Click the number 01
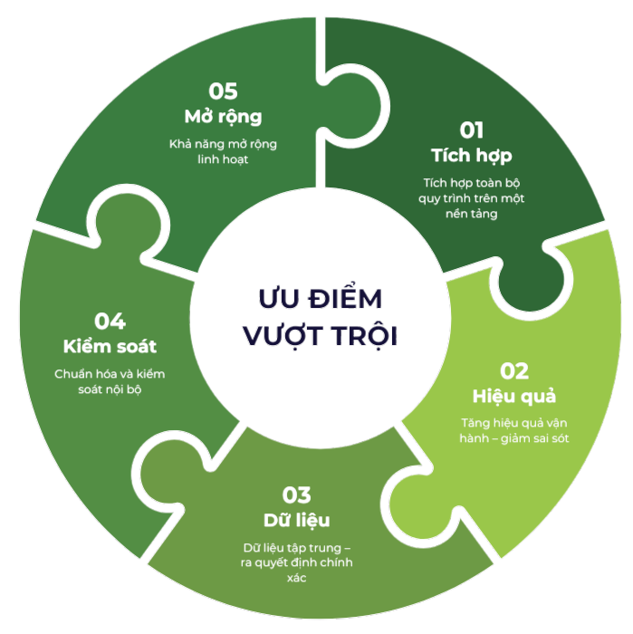tap(472, 130)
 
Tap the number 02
tap(513, 371)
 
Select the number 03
tap(296, 495)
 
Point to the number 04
tap(110, 322)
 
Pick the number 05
tap(223, 91)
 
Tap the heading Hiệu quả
tap(513, 396)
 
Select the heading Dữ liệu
tap(296, 520)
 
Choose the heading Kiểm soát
tap(110, 346)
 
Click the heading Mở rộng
tap(223, 116)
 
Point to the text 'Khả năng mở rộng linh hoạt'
tap(223, 151)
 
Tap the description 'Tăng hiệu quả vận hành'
tap(513, 430)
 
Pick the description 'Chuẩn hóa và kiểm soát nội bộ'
tap(110, 381)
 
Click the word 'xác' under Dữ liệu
tap(296, 579)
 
